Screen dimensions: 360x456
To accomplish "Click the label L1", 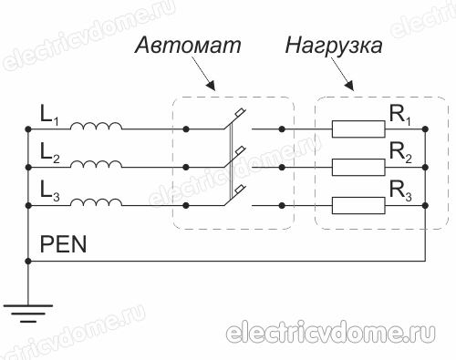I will coord(49,117).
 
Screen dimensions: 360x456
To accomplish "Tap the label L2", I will coord(49,153).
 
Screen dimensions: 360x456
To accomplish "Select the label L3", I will coord(49,190).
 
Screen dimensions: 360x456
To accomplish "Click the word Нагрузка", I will coord(333,46).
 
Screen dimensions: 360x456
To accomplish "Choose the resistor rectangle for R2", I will coord(357,168).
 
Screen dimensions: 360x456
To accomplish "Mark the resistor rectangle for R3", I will coord(357,205).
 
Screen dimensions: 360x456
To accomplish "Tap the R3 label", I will coord(400,192).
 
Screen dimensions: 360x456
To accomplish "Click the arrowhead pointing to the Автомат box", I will coord(212,88).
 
